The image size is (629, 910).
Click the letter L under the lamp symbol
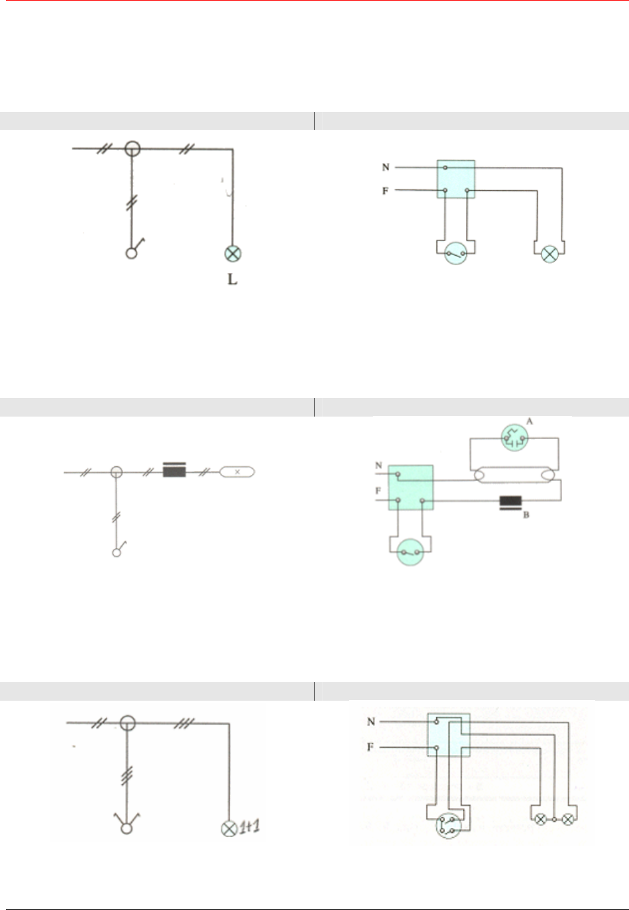click(232, 279)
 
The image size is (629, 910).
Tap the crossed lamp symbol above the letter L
click(232, 254)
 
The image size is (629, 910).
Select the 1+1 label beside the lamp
click(250, 827)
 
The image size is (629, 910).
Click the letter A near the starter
click(530, 421)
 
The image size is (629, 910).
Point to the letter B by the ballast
click(526, 515)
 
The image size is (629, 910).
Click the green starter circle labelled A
click(515, 438)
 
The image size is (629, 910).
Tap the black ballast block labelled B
click(510, 503)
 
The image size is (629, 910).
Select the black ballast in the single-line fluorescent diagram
click(174, 470)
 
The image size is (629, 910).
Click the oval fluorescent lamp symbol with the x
click(237, 472)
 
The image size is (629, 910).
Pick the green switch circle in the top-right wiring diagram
click(456, 254)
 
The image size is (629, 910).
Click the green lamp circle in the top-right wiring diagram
click(550, 254)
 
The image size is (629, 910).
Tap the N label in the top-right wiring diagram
click(385, 167)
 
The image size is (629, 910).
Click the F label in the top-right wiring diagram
click(385, 191)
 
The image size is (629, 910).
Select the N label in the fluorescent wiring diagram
click(379, 466)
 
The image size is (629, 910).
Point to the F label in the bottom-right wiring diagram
click(370, 747)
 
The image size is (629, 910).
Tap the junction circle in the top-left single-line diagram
click(132, 149)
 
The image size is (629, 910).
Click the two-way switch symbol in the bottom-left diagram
click(126, 823)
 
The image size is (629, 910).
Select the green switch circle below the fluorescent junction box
click(410, 552)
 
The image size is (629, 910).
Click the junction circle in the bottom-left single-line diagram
click(128, 723)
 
